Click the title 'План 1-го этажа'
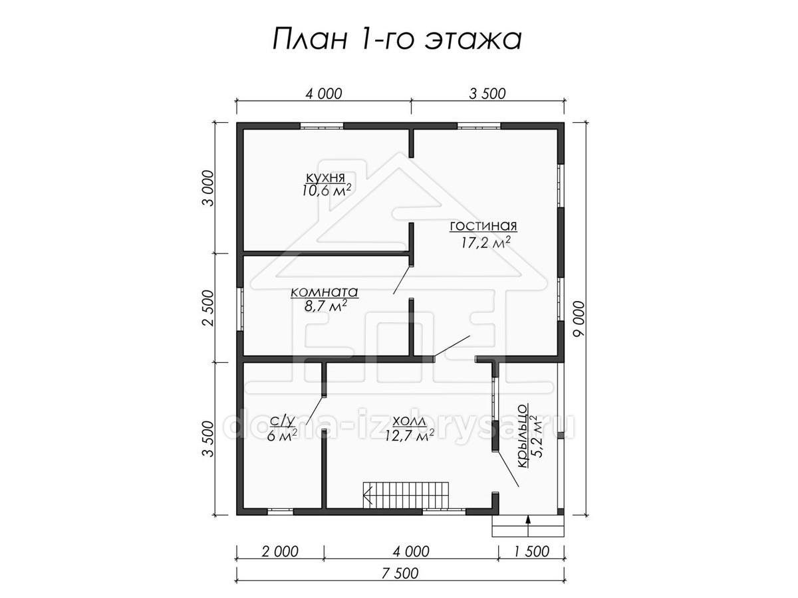397,39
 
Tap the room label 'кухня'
325,177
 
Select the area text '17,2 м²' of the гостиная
483,241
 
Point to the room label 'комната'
325,292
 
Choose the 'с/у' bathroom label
282,421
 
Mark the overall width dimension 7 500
400,573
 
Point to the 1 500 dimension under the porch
531,551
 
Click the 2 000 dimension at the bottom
280,551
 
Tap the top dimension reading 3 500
487,94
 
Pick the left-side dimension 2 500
209,308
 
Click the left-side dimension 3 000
209,188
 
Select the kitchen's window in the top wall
322,126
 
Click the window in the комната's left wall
240,309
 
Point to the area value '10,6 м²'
326,190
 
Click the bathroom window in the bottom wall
281,512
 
